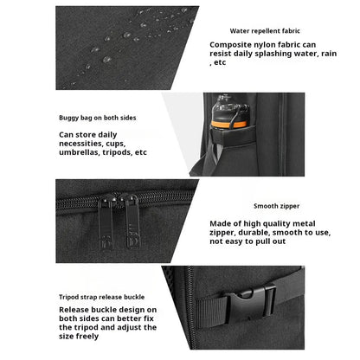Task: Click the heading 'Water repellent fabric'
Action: click(265, 31)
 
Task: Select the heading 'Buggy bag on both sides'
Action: click(98, 118)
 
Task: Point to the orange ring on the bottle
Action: click(229, 125)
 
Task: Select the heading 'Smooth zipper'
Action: click(277, 206)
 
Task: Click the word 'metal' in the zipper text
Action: click(304, 224)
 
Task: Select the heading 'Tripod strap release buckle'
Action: click(102, 297)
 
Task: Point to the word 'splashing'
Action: click(273, 54)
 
